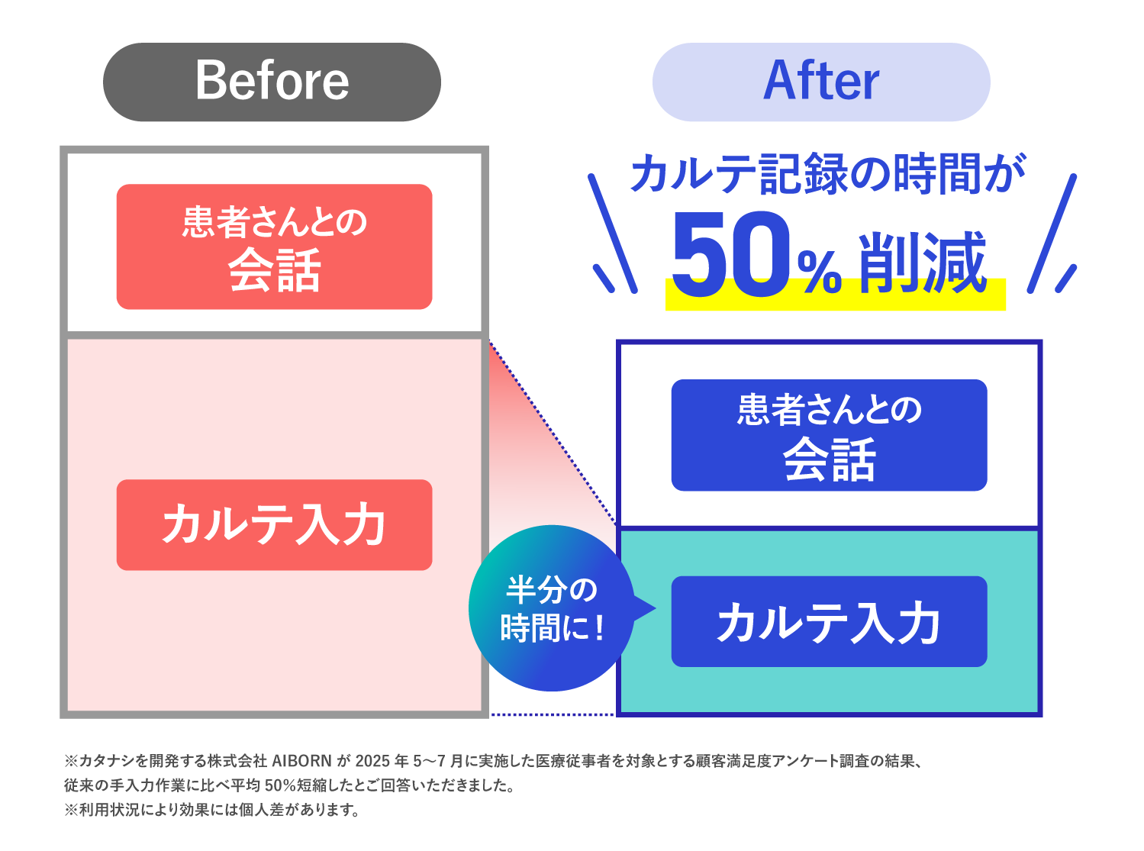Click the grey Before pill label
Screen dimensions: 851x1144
pos(272,82)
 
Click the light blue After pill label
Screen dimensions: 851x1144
pos(821,82)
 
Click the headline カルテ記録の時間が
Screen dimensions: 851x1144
pos(828,174)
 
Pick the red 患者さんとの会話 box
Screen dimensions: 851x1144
pos(274,246)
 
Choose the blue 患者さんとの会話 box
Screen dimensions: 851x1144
pos(829,434)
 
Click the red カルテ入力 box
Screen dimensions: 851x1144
pos(274,524)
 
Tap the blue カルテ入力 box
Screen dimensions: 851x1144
pos(829,621)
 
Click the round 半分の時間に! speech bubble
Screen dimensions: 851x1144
pos(551,608)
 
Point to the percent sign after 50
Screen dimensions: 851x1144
pos(819,272)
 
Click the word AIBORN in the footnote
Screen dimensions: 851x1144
pos(301,761)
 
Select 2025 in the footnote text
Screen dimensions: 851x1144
pos(372,761)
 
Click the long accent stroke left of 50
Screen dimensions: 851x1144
pos(612,233)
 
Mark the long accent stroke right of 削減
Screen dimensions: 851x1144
pos(1052,233)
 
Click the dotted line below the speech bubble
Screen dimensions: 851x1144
pos(552,714)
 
